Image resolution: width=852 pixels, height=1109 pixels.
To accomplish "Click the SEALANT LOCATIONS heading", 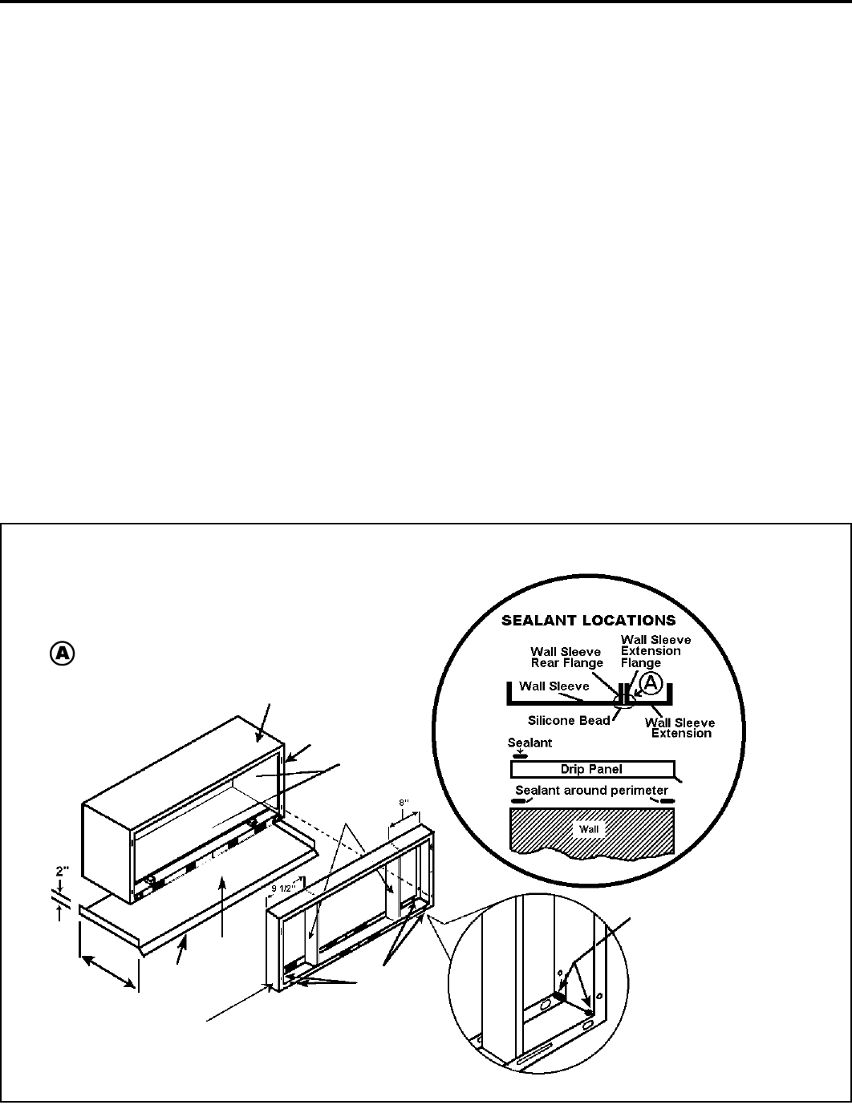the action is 588,621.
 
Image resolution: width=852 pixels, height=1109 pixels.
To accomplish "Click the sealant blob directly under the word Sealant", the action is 519,755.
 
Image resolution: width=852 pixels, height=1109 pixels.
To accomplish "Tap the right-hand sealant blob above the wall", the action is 665,800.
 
